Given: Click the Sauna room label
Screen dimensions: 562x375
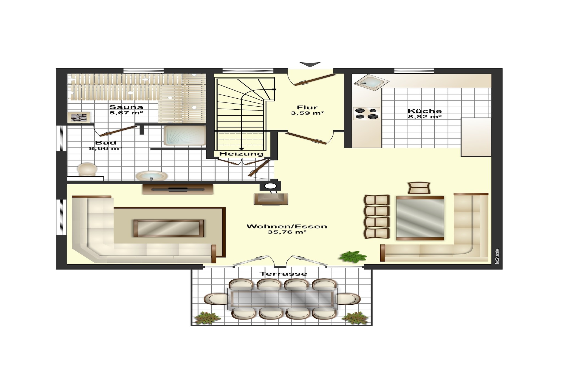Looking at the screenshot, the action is (x=126, y=107).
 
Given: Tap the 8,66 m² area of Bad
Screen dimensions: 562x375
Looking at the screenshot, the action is (x=106, y=148).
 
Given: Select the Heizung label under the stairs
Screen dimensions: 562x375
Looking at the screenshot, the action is (x=241, y=154).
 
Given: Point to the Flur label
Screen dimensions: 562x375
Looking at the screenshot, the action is (x=307, y=107).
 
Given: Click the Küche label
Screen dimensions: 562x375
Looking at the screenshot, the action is (x=425, y=111).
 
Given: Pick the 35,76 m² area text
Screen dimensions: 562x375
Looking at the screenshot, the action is (x=287, y=232).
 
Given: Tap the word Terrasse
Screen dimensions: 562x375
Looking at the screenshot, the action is (x=283, y=274).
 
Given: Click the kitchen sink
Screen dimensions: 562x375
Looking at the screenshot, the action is (x=371, y=82).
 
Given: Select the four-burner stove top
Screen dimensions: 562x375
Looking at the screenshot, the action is (x=367, y=113).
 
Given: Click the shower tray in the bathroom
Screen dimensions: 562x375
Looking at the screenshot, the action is (x=185, y=135).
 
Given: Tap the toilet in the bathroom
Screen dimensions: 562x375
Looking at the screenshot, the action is (x=87, y=169).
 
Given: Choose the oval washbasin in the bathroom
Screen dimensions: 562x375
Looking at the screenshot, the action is (x=151, y=176).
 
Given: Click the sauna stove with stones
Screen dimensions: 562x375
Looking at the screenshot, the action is (x=79, y=118).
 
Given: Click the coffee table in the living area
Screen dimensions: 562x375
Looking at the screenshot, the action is (x=168, y=228).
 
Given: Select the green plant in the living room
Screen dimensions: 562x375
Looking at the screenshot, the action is (x=353, y=257).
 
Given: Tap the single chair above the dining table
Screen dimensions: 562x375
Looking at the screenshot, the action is (x=419, y=188).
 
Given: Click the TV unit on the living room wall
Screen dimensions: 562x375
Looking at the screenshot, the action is (x=178, y=189).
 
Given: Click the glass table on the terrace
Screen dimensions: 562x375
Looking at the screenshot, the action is (x=282, y=299).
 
